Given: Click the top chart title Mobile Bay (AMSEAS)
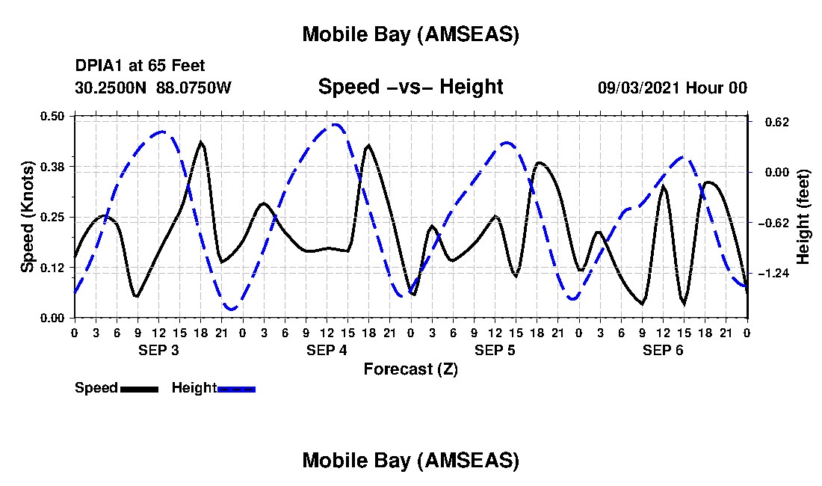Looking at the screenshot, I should [410, 34].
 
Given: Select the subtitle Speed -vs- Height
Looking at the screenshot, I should [410, 87].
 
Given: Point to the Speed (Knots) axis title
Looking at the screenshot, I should [28, 217].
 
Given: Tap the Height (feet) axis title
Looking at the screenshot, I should [803, 217].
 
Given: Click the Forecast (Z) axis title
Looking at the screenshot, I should [410, 369].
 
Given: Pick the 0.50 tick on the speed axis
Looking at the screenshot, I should [54, 116].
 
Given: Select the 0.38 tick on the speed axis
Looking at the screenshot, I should [54, 166].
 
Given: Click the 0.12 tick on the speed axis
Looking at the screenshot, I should [54, 268].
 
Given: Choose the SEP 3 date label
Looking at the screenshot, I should [158, 350].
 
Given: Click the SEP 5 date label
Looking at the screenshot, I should [495, 350].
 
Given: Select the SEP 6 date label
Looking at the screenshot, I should [663, 350].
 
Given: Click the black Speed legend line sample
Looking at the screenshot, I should [139, 389].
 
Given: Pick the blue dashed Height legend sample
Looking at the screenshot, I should [236, 389].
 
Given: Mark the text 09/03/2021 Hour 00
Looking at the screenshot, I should [672, 87].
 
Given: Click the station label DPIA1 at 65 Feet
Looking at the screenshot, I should [140, 67].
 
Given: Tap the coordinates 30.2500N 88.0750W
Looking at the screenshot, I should [153, 87].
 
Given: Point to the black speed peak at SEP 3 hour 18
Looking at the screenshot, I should [200, 142].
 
